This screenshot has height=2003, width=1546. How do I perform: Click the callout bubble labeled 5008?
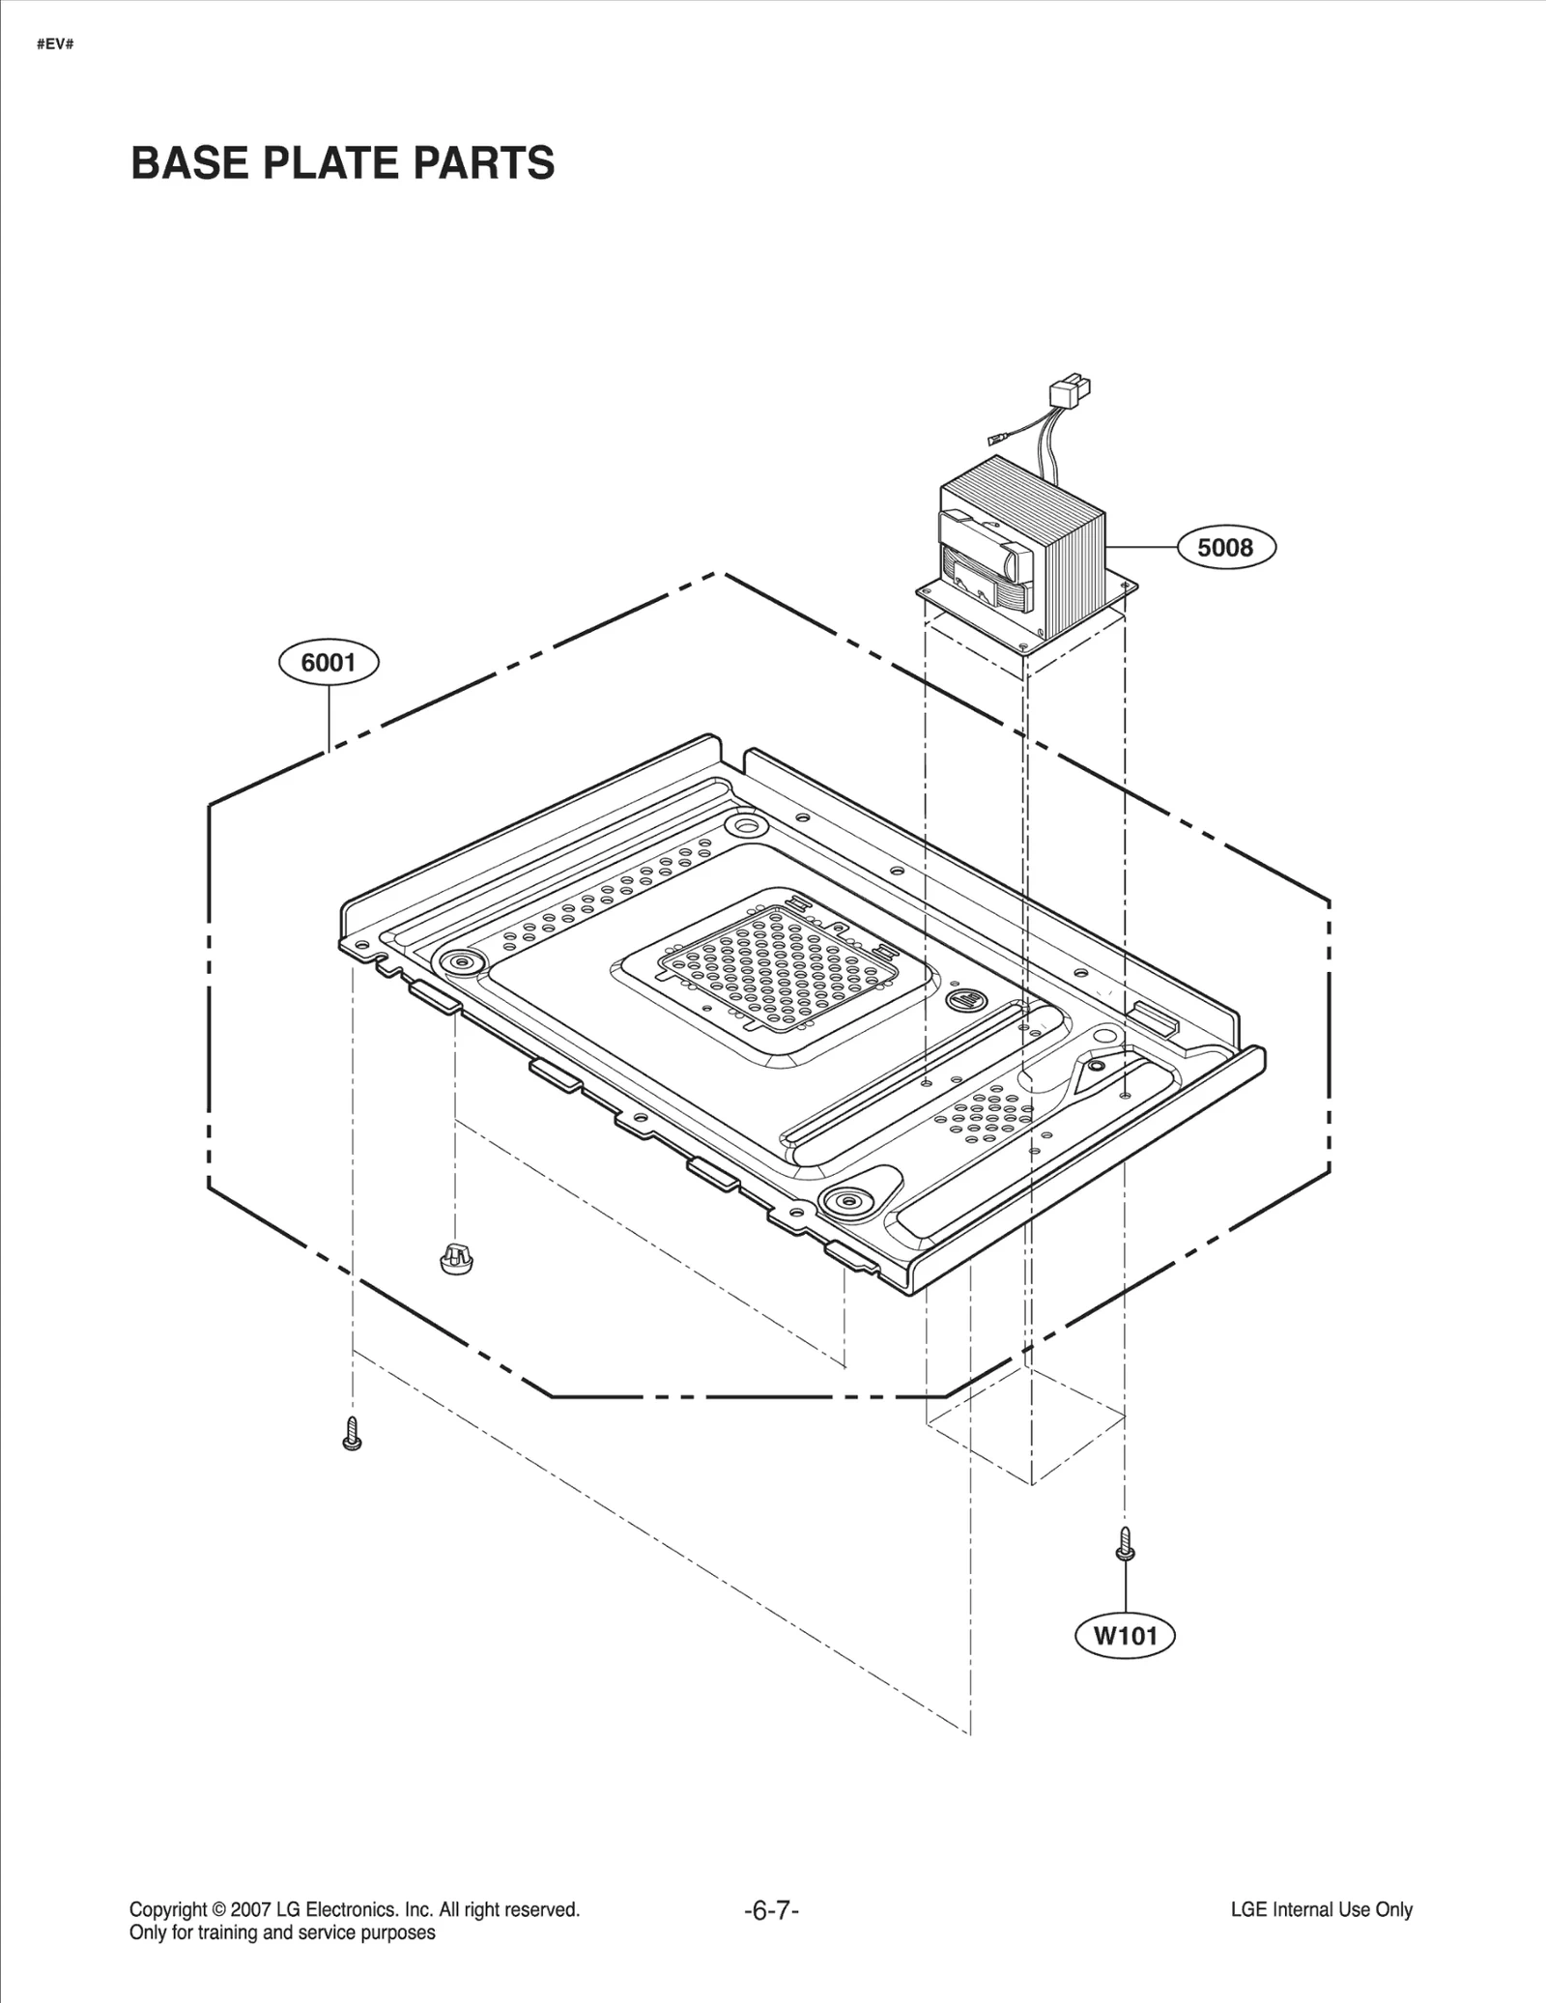pos(1225,548)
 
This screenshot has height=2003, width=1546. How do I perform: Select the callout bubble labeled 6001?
pos(329,663)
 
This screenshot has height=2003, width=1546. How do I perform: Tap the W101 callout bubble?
pos(1126,1636)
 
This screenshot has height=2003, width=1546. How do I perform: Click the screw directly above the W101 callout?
pos(1124,1543)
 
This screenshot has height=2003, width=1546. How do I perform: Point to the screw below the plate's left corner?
pos(352,1434)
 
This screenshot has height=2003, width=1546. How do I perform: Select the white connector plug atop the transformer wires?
pos(1067,394)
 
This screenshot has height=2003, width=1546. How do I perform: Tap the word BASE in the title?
pos(189,163)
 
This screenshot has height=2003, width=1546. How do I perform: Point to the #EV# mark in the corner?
pos(55,45)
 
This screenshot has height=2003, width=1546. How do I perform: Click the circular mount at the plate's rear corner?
pos(746,824)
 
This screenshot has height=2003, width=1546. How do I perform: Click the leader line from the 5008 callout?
pos(1142,548)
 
